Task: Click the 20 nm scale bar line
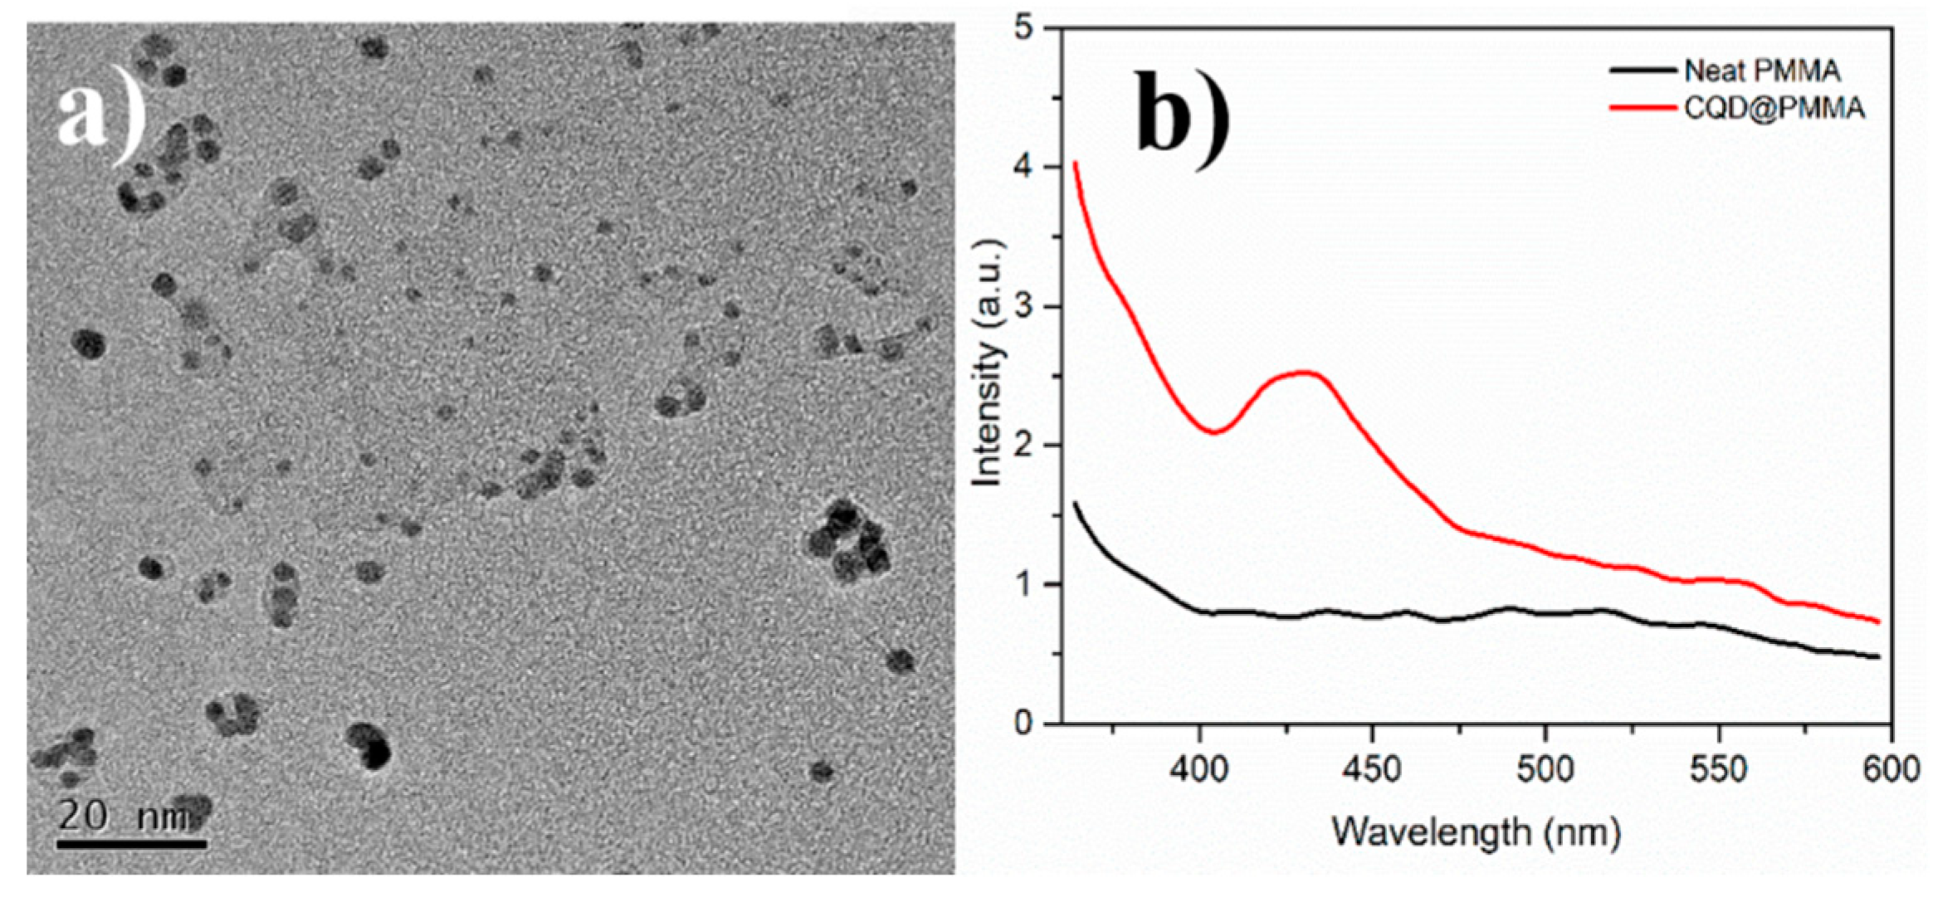(x=131, y=844)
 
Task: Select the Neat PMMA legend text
(x=1762, y=71)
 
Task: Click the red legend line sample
(x=1643, y=108)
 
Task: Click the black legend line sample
(x=1643, y=71)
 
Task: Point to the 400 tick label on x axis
(x=1199, y=770)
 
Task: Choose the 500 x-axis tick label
(x=1545, y=770)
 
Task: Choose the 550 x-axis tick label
(x=1718, y=770)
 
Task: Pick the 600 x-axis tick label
(x=1891, y=770)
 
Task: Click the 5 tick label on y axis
(x=1023, y=29)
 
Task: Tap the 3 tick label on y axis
(x=1023, y=307)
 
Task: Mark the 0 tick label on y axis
(x=1023, y=724)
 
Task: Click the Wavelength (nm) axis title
(x=1477, y=832)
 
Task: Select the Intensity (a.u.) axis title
(x=988, y=363)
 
